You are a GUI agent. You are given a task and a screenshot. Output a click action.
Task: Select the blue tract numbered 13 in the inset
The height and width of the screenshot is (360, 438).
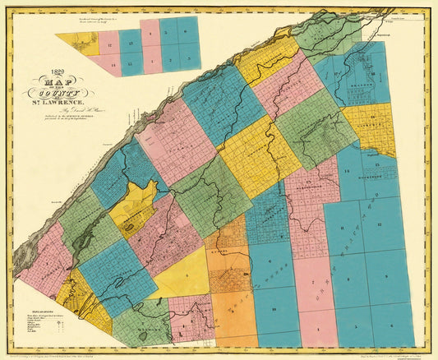point(130,41)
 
